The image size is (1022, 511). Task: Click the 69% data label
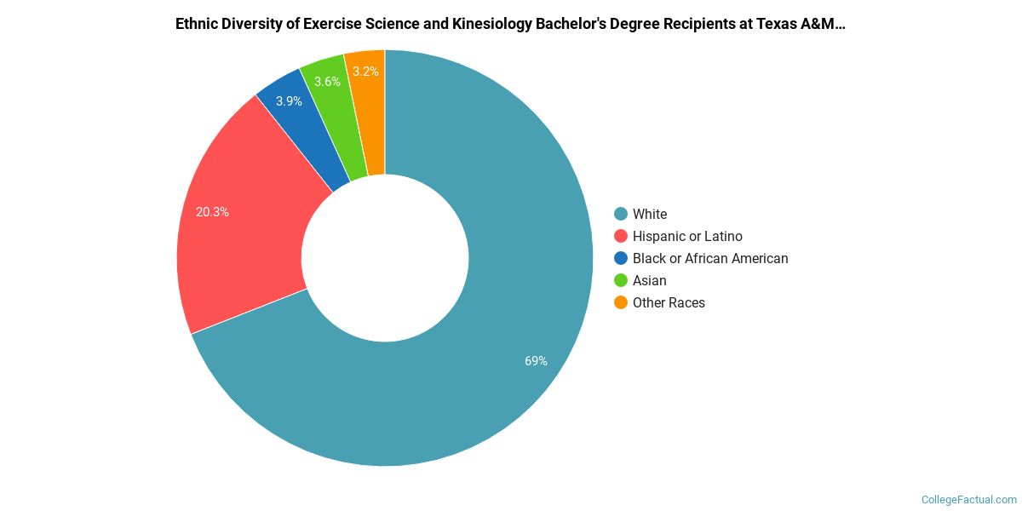point(536,361)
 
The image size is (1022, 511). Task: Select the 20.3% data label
point(212,212)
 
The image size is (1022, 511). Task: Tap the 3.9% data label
point(289,101)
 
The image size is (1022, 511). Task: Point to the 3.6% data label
point(327,82)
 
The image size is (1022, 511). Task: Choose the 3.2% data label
point(366,72)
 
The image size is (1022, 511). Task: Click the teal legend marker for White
point(621,214)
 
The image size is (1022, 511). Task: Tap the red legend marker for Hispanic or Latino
point(621,236)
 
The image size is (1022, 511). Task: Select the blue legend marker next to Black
point(621,258)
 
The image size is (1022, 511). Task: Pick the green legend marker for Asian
point(621,280)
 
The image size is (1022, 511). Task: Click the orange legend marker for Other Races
point(621,302)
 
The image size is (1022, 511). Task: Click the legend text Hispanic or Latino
point(687,236)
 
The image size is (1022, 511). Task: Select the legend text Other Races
point(669,302)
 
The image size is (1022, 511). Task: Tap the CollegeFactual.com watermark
point(969,500)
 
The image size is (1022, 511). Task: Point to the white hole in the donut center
point(385,258)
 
